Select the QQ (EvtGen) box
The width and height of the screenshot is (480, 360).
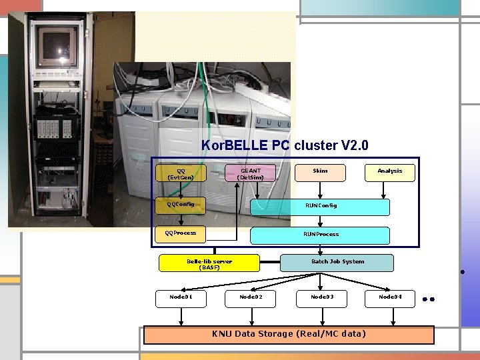click(x=181, y=174)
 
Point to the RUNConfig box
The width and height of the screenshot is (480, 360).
click(x=320, y=207)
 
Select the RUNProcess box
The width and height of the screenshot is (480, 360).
click(x=320, y=235)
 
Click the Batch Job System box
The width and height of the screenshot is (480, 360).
click(x=337, y=263)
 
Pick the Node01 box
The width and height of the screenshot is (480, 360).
click(x=181, y=298)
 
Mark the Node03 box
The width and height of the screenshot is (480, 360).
click(x=322, y=298)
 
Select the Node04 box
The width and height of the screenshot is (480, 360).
click(x=390, y=298)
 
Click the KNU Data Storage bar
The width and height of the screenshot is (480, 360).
click(x=289, y=334)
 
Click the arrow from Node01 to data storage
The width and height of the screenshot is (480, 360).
click(x=181, y=317)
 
